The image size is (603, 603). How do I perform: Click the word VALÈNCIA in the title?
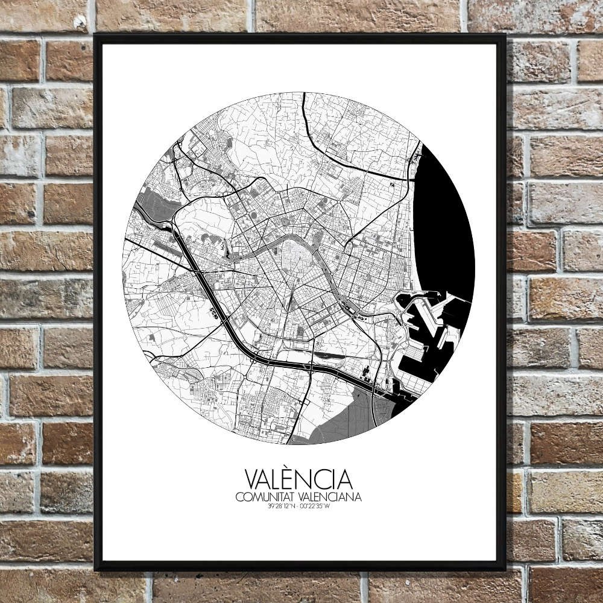click(x=298, y=480)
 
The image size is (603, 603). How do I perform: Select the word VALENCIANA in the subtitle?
click(x=329, y=497)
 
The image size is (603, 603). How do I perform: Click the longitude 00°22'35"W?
click(x=315, y=507)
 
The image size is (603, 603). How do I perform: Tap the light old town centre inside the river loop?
click(x=295, y=265)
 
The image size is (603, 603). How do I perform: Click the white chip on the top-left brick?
click(x=78, y=22)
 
